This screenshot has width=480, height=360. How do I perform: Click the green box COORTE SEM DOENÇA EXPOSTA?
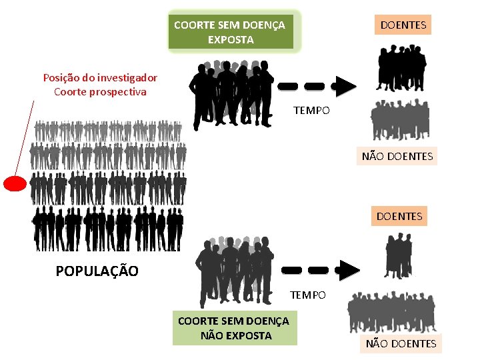click(x=230, y=31)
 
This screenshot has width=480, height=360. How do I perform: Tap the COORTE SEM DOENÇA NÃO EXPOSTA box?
click(x=234, y=328)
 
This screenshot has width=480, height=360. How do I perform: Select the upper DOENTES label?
click(x=403, y=25)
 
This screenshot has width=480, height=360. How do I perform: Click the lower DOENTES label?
click(x=399, y=215)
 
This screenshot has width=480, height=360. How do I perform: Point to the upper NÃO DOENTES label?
click(x=397, y=157)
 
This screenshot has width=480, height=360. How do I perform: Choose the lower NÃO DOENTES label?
click(x=400, y=343)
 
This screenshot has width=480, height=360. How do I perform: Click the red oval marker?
click(x=15, y=183)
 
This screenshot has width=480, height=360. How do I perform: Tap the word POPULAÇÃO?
click(x=97, y=271)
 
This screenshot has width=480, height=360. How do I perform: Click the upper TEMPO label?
click(x=311, y=110)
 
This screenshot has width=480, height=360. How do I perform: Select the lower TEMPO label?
click(x=307, y=295)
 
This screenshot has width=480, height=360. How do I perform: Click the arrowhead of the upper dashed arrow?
click(x=345, y=86)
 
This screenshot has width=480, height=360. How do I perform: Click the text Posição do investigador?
click(x=100, y=77)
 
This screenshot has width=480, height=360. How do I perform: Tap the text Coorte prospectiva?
click(x=100, y=92)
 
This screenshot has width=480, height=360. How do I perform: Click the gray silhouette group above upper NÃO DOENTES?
click(x=400, y=120)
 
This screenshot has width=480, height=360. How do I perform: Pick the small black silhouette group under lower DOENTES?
click(x=399, y=255)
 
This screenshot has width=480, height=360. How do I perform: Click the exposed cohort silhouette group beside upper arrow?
click(x=231, y=94)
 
